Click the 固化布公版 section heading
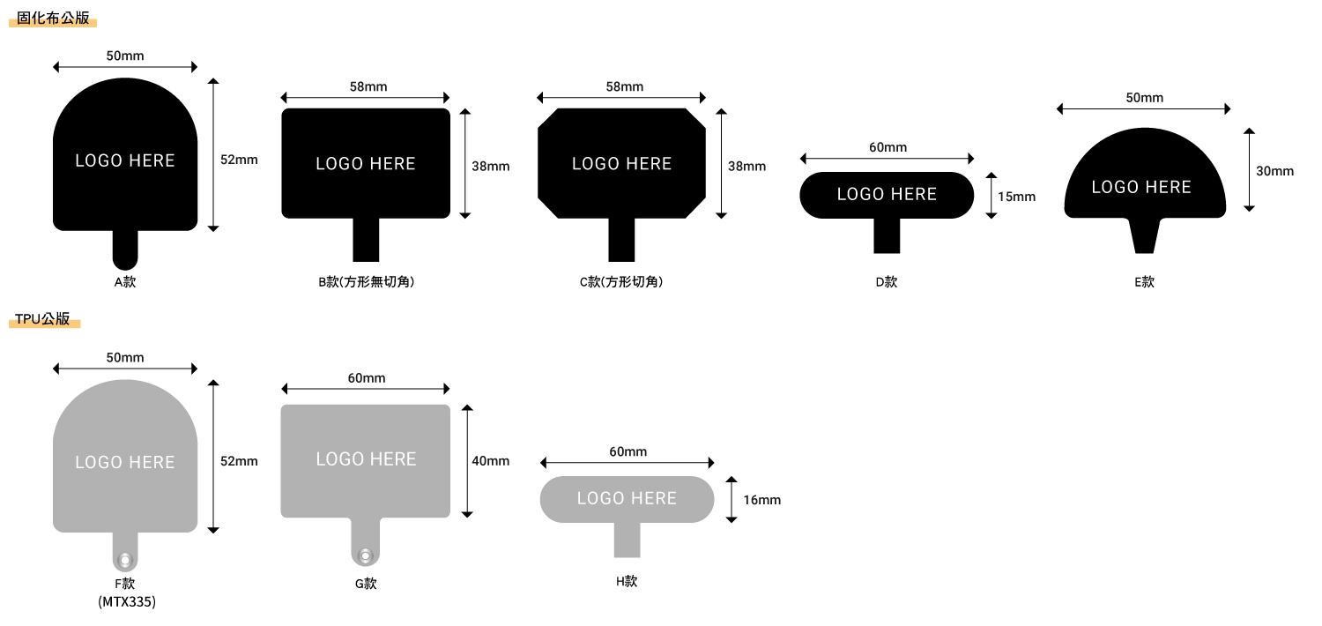tap(53, 19)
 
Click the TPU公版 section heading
tap(42, 320)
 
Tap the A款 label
tap(124, 282)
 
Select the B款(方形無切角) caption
tap(366, 282)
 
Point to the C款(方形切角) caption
tap(621, 282)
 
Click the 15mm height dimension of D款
tap(1016, 197)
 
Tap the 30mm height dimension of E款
tap(1274, 171)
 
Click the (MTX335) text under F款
tap(126, 602)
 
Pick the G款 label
tap(366, 584)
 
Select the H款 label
tap(627, 582)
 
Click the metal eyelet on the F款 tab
tap(125, 559)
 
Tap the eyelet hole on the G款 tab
tap(366, 555)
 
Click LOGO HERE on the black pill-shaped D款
tap(887, 195)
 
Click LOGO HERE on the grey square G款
tap(366, 459)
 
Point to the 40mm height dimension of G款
tap(490, 461)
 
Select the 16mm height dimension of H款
tap(761, 500)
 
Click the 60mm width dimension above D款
tap(888, 147)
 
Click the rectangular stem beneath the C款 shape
tap(621, 240)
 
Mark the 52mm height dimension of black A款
tap(239, 160)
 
